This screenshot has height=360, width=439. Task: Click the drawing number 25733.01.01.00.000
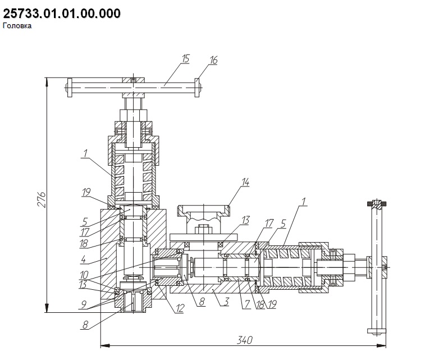tap(62, 13)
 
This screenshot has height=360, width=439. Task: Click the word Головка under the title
tap(17, 26)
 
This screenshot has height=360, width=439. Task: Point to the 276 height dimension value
tap(42, 199)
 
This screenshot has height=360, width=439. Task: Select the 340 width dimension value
tap(244, 340)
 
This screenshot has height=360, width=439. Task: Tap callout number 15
tap(185, 59)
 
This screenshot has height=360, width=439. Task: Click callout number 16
tap(213, 60)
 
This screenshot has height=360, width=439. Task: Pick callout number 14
tap(245, 182)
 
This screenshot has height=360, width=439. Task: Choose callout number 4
tap(83, 259)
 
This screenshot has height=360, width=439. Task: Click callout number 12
tap(180, 308)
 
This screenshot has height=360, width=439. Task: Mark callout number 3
tap(227, 302)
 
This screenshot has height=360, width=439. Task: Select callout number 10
tap(84, 275)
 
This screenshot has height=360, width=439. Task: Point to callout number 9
tap(83, 304)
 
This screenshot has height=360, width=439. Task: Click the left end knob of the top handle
tap(69, 88)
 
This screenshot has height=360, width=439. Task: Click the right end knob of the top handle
tap(197, 88)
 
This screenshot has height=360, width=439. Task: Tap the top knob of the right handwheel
tap(377, 204)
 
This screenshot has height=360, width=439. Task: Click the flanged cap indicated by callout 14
tap(204, 211)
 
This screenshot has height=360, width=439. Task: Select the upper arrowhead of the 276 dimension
tap(47, 81)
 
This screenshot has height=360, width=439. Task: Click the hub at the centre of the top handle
tap(133, 88)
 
